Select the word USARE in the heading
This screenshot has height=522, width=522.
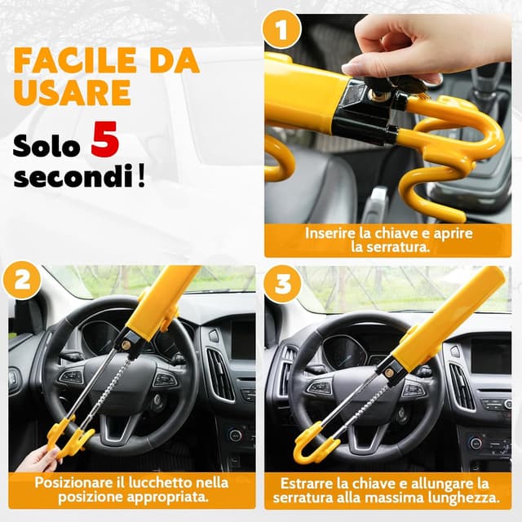72,92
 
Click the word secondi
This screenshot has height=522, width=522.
73,175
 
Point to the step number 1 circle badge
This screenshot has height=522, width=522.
281,32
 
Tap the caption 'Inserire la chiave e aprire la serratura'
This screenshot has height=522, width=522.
389,239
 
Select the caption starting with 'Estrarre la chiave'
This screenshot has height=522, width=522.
389,489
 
